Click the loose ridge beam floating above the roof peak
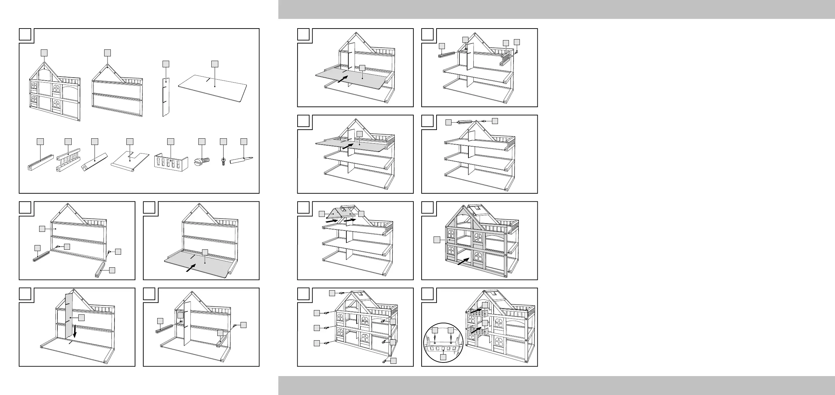[x=467, y=122]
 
